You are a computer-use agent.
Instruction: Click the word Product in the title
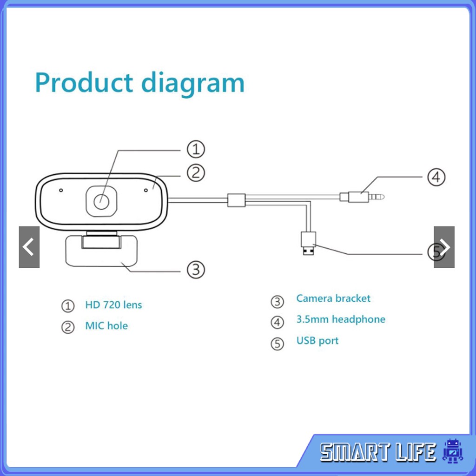pyautogui.click(x=84, y=82)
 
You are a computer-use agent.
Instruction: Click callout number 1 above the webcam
pyautogui.click(x=196, y=149)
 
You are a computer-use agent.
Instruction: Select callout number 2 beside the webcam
pyautogui.click(x=196, y=173)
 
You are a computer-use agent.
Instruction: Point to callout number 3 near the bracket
pyautogui.click(x=196, y=269)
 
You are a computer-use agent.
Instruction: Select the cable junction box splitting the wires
pyautogui.click(x=236, y=200)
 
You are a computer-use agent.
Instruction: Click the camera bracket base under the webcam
pyautogui.click(x=102, y=251)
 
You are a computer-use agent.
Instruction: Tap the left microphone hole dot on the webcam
pyautogui.click(x=61, y=190)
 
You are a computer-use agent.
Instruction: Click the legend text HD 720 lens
pyautogui.click(x=113, y=305)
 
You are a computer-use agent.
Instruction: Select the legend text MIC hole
pyautogui.click(x=106, y=326)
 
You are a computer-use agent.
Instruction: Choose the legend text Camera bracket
pyautogui.click(x=333, y=298)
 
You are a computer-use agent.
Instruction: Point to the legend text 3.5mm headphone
pyautogui.click(x=341, y=319)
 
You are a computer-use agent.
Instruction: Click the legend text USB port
pyautogui.click(x=317, y=341)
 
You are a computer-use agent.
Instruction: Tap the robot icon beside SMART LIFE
pyautogui.click(x=452, y=451)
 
